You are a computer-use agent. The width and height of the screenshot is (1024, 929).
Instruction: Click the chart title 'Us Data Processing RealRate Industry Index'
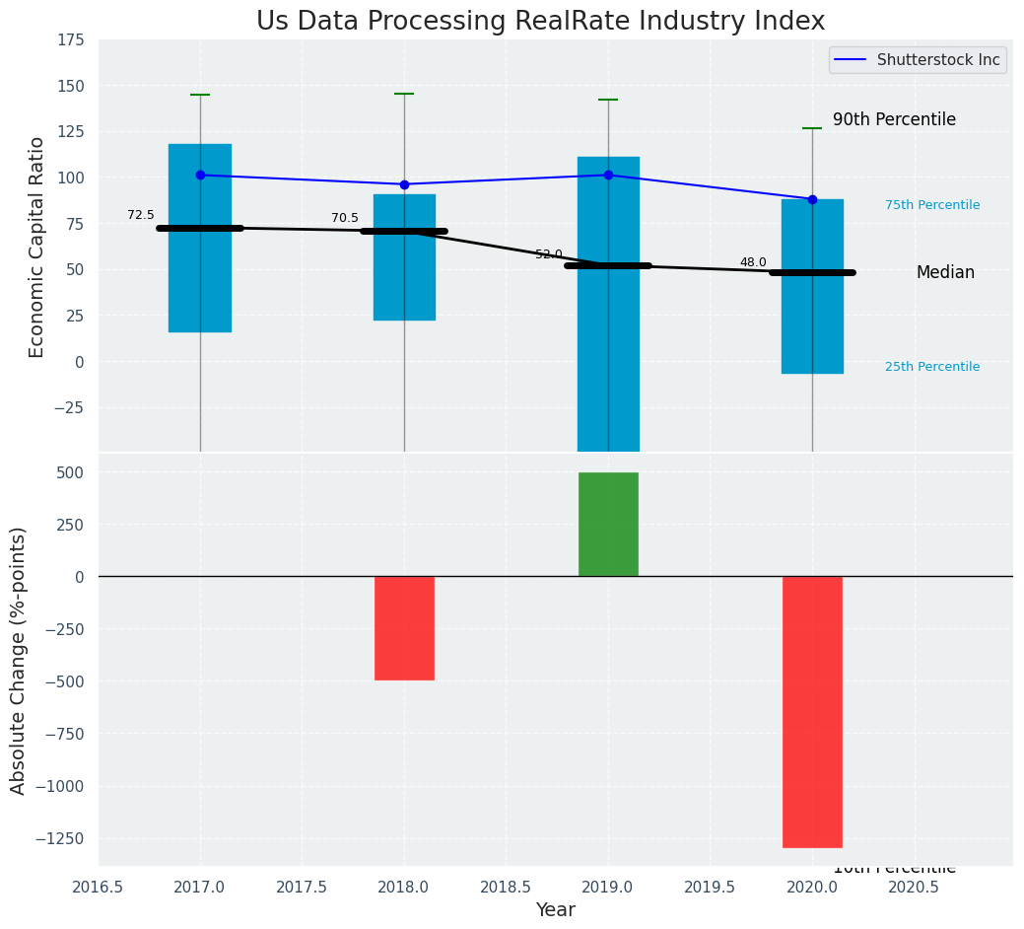tap(540, 22)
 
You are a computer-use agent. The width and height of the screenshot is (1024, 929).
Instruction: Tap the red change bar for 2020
tap(812, 711)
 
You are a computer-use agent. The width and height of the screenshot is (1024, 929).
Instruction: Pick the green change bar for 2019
tap(608, 524)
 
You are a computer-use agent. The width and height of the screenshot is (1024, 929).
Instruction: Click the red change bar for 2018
tap(404, 627)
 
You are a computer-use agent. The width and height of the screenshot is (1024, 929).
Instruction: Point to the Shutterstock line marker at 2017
tap(200, 175)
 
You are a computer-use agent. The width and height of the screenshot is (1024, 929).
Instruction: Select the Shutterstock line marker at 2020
tap(812, 199)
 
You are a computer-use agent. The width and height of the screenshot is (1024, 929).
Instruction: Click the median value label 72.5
tap(141, 215)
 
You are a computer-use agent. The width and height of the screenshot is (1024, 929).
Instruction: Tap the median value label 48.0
tap(753, 262)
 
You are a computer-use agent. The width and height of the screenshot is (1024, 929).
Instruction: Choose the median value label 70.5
tap(345, 218)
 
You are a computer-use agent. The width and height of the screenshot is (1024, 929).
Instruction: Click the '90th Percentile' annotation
tap(894, 119)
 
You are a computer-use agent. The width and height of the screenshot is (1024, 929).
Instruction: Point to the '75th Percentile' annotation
tap(932, 205)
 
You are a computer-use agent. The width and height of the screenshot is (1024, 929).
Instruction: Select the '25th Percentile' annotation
tap(932, 367)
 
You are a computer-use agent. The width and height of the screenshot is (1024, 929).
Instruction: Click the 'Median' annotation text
tap(945, 272)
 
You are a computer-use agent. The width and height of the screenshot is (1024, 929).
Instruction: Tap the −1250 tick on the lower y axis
tap(60, 838)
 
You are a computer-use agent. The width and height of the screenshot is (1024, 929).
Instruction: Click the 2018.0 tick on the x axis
tap(404, 887)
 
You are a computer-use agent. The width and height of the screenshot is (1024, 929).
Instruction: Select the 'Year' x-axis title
tap(556, 910)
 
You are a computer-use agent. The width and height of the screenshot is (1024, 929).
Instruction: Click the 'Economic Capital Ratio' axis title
tap(37, 247)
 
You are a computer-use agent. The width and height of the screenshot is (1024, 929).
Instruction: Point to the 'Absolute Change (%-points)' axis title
tap(19, 661)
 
